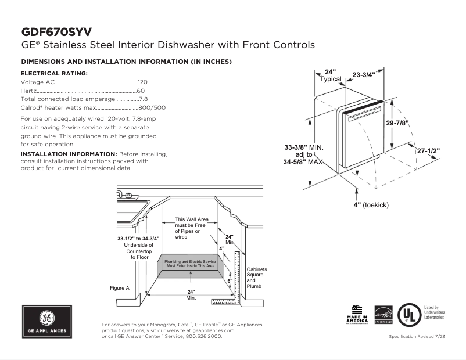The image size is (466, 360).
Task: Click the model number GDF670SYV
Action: coord(56,31)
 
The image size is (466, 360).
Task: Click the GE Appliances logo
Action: coord(46,321)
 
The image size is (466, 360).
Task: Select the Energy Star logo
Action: coord(383,314)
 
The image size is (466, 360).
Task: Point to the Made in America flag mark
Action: coord(357,314)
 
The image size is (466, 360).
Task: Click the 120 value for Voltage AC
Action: coord(142,82)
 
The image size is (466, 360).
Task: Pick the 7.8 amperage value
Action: coord(143,99)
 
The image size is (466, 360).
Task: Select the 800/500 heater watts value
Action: coord(152,108)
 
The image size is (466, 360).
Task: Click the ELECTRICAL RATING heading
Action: coord(54,74)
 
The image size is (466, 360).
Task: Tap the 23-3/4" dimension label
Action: coord(364,74)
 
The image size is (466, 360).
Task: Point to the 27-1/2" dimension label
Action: coord(428,150)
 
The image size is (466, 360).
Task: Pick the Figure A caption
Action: coord(119,288)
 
